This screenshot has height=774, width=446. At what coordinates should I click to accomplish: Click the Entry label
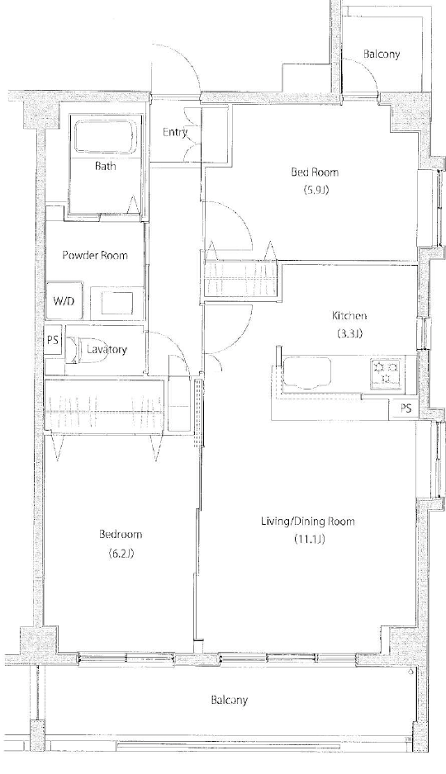click(175, 132)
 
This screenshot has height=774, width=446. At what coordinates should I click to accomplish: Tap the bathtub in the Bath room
click(104, 137)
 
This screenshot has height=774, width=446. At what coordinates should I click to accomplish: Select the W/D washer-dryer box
click(64, 300)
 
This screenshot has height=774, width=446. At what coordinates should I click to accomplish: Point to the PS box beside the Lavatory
click(54, 340)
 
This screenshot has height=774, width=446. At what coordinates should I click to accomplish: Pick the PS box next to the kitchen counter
click(406, 408)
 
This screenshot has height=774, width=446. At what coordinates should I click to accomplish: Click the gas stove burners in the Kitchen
click(386, 374)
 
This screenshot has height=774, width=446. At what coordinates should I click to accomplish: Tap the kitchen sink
click(306, 373)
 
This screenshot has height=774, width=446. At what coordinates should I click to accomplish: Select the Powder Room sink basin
click(118, 302)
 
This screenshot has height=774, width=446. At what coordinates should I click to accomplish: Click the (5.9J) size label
click(316, 190)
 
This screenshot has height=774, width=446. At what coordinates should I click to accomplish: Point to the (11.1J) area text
click(309, 539)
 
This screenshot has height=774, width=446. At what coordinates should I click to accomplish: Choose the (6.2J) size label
click(121, 554)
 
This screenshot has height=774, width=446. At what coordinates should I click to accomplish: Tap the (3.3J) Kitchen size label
click(349, 333)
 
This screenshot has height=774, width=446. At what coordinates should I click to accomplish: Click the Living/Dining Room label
click(308, 522)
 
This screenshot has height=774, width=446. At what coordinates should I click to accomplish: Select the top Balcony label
click(382, 54)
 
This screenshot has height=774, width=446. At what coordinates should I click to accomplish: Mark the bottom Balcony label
click(229, 700)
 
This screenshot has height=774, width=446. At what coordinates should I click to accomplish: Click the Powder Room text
click(95, 255)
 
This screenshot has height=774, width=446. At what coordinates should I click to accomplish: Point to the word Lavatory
click(107, 350)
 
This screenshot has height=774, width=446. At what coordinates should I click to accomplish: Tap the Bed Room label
click(316, 172)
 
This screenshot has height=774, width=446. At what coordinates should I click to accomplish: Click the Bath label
click(105, 166)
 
